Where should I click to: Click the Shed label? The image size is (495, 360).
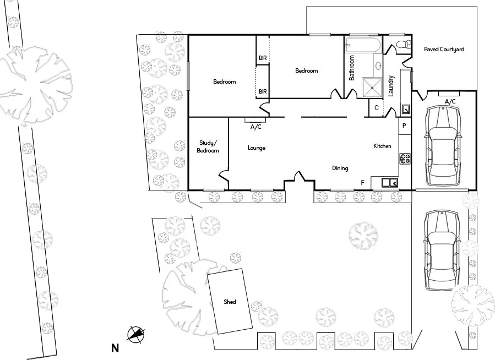point(230,302)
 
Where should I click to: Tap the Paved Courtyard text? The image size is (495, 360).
point(444,49)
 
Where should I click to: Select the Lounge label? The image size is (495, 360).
point(257,148)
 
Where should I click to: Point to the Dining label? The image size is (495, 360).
point(340,168)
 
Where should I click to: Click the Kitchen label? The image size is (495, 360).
point(382,146)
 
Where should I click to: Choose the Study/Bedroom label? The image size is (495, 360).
point(208,147)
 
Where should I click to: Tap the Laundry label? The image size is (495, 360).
point(391,86)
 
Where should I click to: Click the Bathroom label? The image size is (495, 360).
point(352,68)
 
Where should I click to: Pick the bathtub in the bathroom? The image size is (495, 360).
point(362,45)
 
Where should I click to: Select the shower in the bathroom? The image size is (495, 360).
point(372,88)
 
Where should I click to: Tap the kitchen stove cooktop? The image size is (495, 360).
point(405,159)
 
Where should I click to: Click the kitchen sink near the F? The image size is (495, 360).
point(390,182)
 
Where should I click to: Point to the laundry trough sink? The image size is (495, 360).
point(406,109)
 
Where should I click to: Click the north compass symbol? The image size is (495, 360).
point(136,334)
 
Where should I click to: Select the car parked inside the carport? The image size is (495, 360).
point(443,146)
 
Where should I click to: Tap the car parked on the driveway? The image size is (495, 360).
point(442,250)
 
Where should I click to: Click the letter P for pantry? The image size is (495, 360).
point(404,126)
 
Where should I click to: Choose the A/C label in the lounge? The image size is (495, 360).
point(255,127)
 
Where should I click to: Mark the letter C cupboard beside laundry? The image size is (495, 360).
point(376,107)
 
